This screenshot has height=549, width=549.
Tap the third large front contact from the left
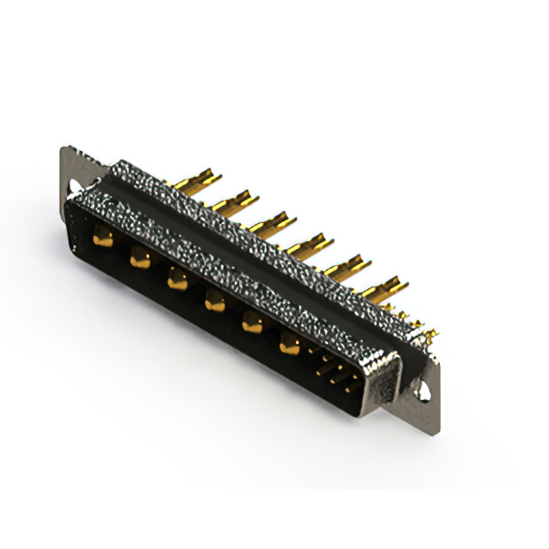click(x=178, y=278)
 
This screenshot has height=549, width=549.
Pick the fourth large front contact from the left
click(x=214, y=300)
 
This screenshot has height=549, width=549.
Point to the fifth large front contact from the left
click(x=252, y=322)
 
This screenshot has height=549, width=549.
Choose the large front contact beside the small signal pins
click(x=290, y=344)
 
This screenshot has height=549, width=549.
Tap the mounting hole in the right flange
click(x=423, y=390)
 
